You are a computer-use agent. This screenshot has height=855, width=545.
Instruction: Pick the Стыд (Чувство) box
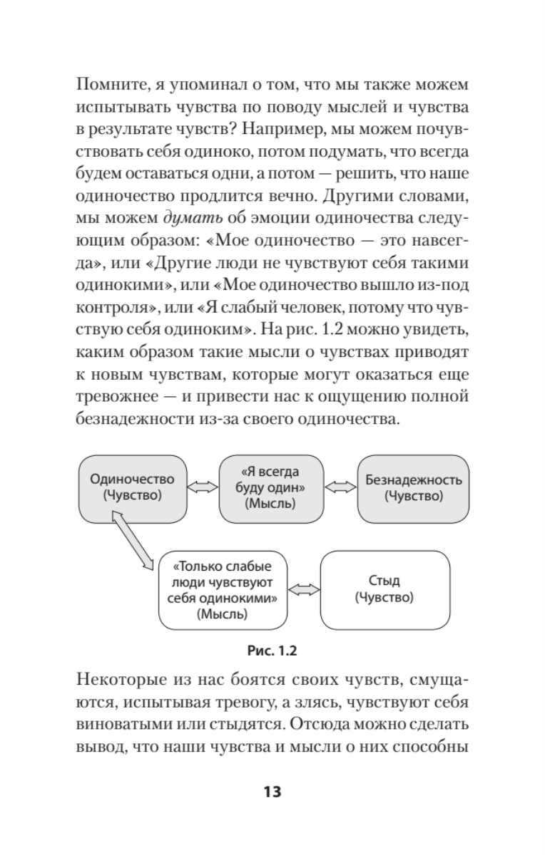click(384, 589)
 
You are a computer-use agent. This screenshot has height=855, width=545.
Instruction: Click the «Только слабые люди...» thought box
click(224, 589)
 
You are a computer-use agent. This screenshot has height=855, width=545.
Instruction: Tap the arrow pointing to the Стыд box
click(305, 589)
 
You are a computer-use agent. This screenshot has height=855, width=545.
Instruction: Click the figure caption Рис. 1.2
click(272, 649)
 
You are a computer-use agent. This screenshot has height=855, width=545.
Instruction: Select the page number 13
click(272, 792)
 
